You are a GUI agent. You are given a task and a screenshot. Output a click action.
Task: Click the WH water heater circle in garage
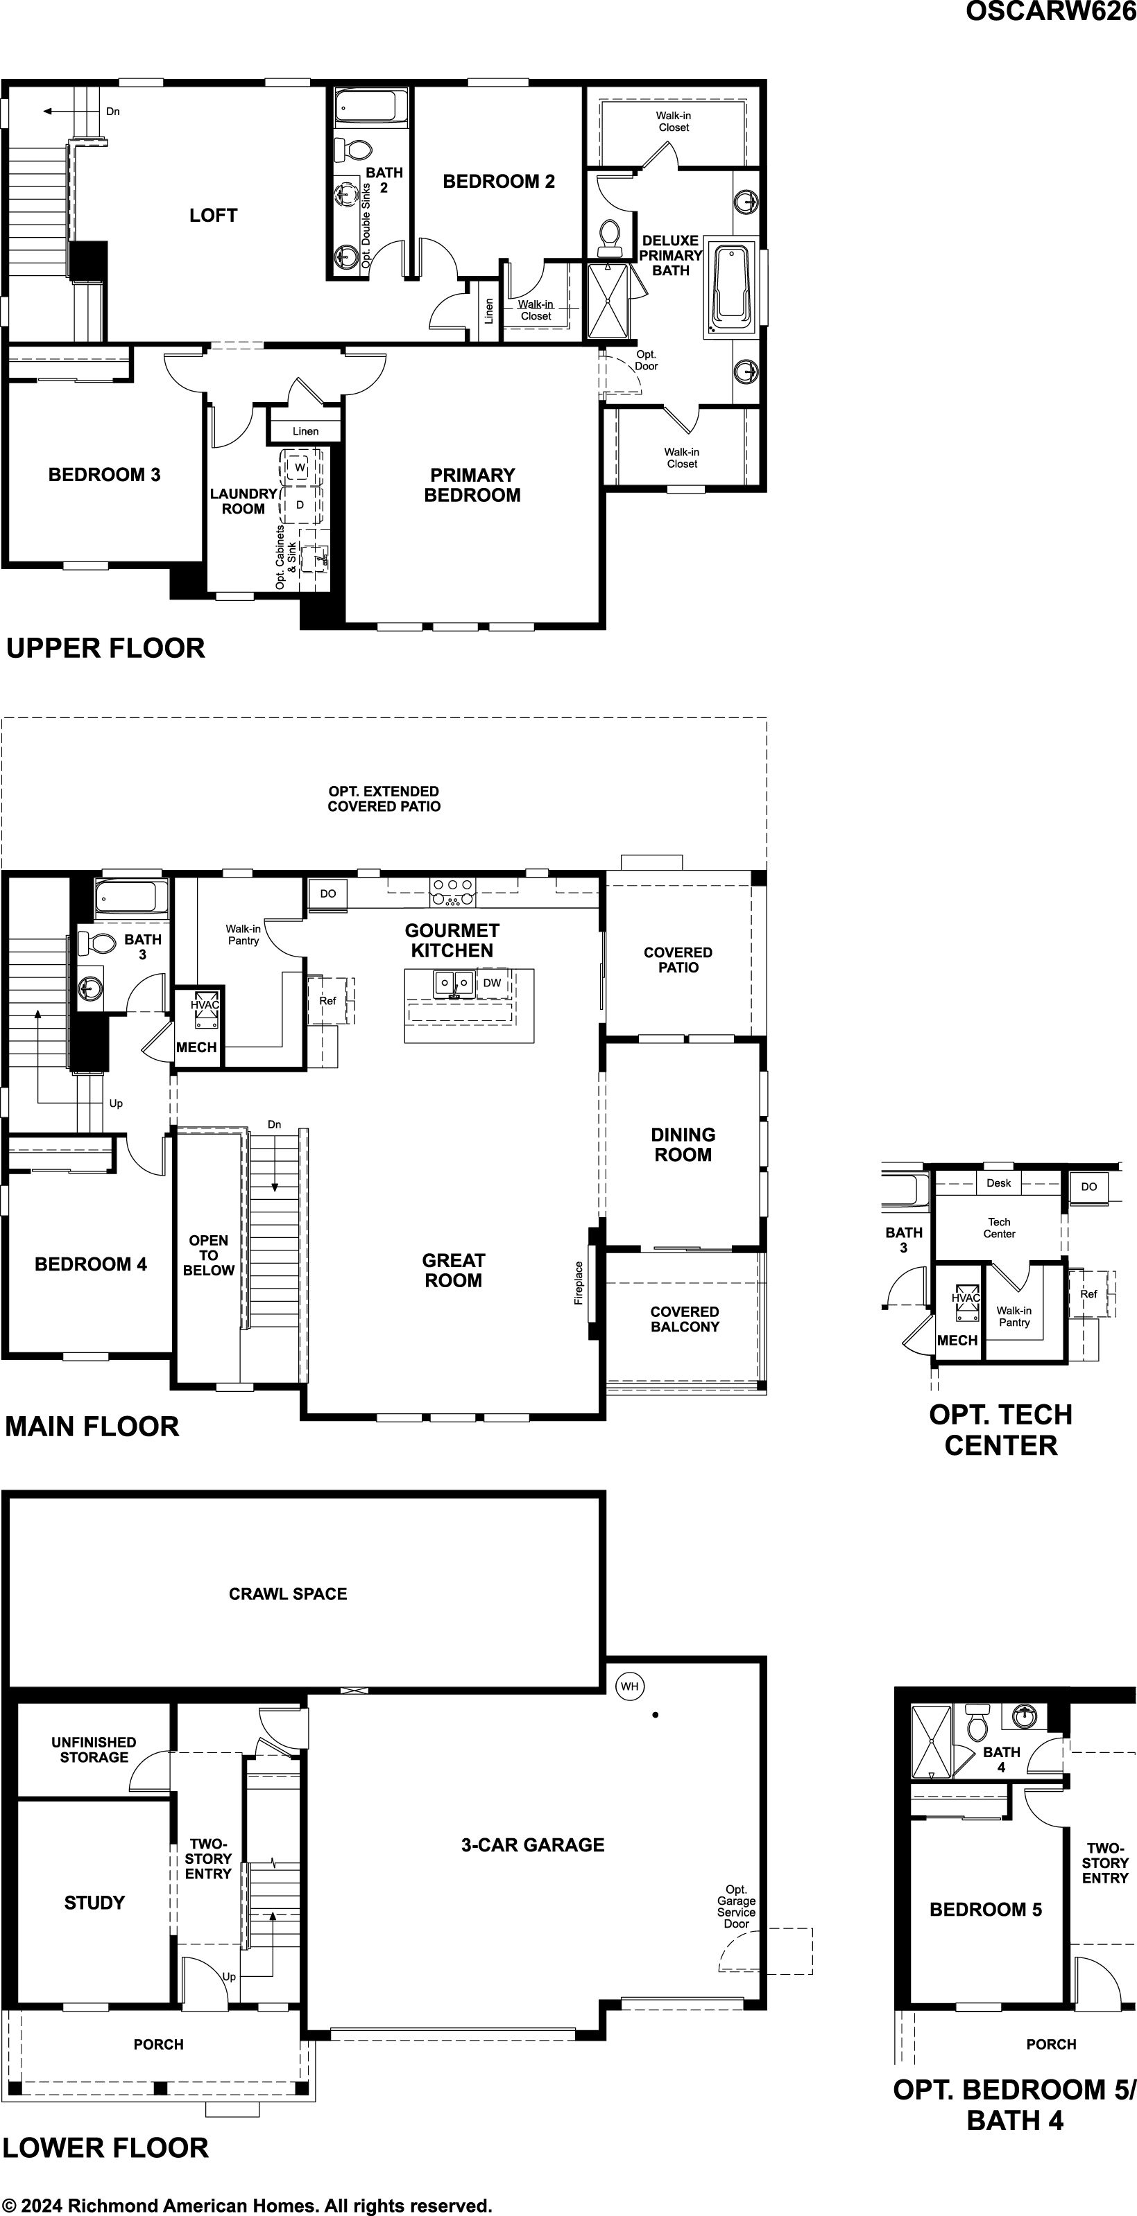point(630,1686)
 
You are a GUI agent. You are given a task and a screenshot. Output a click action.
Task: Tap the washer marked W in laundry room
point(300,467)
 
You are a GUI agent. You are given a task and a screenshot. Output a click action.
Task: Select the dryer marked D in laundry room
point(300,505)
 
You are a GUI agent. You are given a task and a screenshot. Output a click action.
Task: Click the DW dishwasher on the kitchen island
point(493,982)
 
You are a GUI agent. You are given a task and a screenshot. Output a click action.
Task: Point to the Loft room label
point(214,216)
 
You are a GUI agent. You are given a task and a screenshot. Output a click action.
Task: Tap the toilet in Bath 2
point(352,149)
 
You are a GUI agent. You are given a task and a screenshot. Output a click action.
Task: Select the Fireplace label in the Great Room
point(579,1282)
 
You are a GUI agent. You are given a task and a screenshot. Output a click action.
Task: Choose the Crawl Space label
point(289,1594)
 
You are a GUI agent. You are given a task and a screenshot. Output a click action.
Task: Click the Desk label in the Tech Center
point(998,1183)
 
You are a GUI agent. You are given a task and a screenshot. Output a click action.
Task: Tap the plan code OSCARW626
point(1051,11)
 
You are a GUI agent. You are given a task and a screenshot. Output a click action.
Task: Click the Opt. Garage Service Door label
point(737,1906)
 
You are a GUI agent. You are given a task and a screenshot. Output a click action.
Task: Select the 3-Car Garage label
point(533,1844)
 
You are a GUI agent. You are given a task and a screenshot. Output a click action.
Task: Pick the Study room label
point(94,1902)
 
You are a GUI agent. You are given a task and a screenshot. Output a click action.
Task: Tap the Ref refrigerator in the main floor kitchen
point(328,1000)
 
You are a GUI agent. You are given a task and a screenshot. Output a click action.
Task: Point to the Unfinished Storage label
point(94,1750)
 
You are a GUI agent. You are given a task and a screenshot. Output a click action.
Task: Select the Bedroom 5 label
point(986,1910)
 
